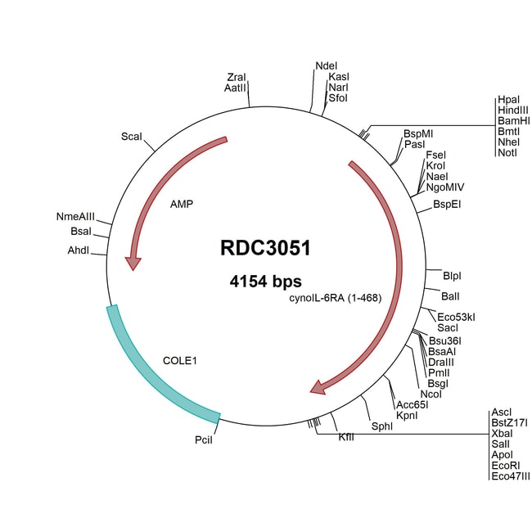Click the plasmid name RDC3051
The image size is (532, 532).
click(265, 248)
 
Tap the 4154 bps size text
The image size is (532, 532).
click(265, 282)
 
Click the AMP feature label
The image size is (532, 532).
click(181, 204)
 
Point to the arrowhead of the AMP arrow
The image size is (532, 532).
click(132, 263)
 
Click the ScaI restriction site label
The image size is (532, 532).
click(132, 136)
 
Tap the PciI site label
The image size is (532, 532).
click(204, 440)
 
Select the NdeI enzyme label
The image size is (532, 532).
click(326, 65)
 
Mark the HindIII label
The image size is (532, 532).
click(513, 110)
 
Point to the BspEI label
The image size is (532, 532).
click(447, 204)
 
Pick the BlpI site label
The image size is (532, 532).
click(452, 275)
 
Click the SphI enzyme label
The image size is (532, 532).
click(382, 426)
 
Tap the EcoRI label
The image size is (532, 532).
click(505, 465)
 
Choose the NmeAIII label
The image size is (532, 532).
click(75, 217)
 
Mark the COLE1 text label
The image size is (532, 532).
click(181, 358)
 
